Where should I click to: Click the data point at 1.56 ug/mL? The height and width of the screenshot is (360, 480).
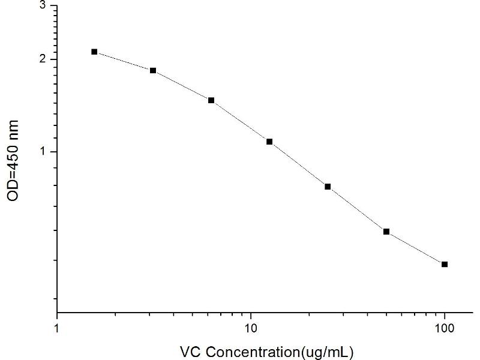[x=94, y=52]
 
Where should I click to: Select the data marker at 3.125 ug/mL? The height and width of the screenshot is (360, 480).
[x=153, y=70]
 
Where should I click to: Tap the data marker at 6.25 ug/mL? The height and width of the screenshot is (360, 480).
[x=211, y=100]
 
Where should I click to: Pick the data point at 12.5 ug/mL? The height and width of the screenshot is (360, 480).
[x=269, y=142]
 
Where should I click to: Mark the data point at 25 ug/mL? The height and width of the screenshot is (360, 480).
[x=328, y=187]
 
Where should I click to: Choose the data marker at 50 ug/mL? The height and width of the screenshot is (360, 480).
[x=386, y=232]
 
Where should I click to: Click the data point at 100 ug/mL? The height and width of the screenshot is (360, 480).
[x=445, y=264]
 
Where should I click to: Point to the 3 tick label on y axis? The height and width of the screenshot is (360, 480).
[x=43, y=5]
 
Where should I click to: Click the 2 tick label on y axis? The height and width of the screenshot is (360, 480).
[x=43, y=59]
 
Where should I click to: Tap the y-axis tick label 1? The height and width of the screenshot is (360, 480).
[x=43, y=152]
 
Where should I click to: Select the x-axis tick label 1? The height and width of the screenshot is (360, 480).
[x=57, y=328]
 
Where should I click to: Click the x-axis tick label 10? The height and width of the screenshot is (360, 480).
[x=251, y=328]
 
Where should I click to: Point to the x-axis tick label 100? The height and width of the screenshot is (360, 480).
[x=445, y=328]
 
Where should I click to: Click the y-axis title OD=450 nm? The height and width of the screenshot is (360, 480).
[x=14, y=161]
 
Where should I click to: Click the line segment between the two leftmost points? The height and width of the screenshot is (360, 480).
[x=124, y=61]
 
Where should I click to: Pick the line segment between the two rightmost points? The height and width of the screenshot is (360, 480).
[x=415, y=248]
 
